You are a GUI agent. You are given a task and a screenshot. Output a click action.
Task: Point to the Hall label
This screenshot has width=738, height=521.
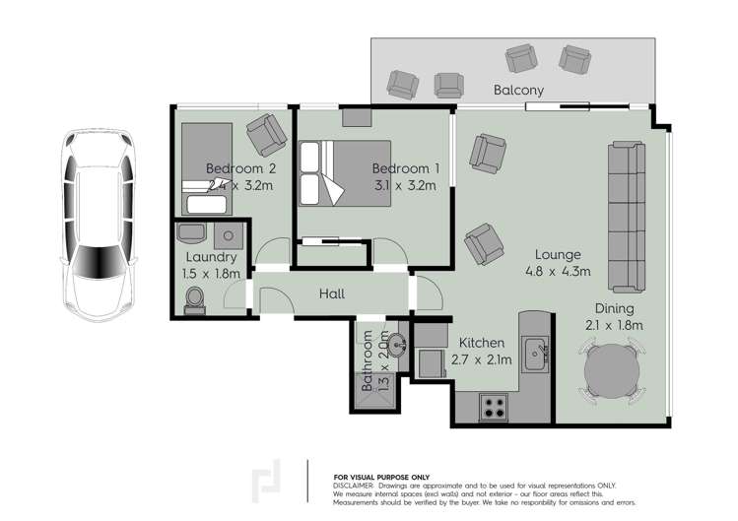(331, 293)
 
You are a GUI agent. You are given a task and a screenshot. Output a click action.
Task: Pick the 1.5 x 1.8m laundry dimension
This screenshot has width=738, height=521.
(211, 274)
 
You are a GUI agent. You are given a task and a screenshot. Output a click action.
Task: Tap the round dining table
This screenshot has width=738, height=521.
(615, 373)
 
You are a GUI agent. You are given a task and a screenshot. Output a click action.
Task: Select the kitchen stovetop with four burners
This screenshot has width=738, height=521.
(493, 404)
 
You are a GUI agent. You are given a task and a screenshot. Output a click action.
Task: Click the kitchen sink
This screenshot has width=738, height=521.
(537, 351)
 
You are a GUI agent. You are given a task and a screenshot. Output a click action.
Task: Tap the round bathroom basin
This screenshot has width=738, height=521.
(396, 346)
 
